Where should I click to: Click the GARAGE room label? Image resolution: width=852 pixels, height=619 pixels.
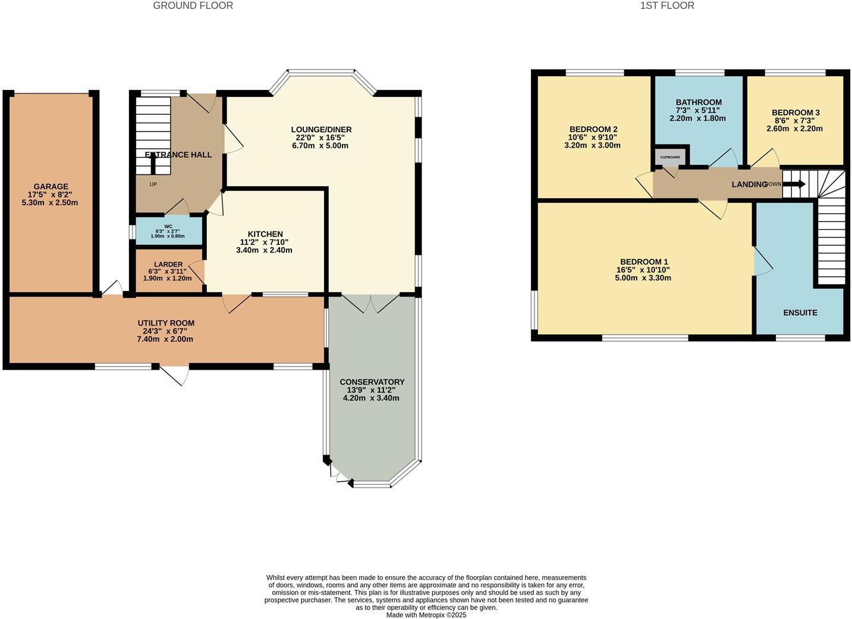(51, 186)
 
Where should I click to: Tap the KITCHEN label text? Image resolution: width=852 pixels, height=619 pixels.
(265, 234)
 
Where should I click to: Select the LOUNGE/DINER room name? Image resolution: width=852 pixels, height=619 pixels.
(321, 129)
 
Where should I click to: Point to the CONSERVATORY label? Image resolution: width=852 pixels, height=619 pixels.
(372, 382)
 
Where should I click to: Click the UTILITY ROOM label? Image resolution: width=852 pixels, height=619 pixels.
(166, 323)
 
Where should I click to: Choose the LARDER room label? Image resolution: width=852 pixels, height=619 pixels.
(168, 264)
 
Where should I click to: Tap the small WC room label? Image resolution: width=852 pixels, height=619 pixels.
(168, 226)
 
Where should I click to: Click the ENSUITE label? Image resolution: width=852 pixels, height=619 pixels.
(800, 312)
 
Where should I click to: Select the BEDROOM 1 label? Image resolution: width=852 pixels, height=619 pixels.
(643, 261)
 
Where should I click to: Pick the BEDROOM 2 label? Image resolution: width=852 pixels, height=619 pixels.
(593, 129)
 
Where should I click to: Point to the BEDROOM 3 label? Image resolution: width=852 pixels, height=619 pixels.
(795, 112)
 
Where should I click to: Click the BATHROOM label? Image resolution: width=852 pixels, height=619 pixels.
(698, 102)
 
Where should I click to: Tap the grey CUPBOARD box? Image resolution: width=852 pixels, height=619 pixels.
(670, 157)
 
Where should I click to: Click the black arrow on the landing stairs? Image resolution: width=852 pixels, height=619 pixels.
(794, 185)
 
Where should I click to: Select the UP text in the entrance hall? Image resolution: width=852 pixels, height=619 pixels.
(153, 185)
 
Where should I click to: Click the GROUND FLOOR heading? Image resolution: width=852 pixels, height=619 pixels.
(193, 5)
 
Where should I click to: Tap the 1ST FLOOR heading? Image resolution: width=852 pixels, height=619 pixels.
(666, 5)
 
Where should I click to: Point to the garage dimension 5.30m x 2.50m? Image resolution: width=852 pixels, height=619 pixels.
(51, 202)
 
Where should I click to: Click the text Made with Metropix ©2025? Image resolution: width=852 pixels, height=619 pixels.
(426, 615)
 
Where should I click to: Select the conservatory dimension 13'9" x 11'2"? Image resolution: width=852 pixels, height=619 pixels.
(372, 390)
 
